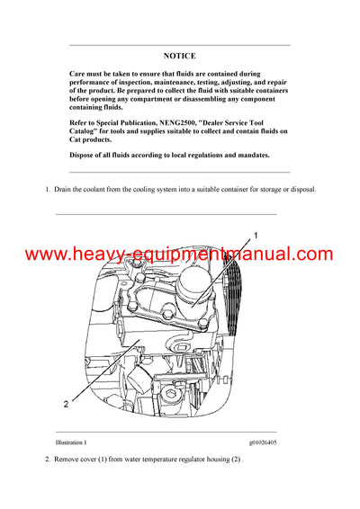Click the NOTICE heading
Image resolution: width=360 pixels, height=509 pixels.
click(x=180, y=55)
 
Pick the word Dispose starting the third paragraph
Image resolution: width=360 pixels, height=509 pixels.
click(x=85, y=155)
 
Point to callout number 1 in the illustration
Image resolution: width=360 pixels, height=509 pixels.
click(x=256, y=235)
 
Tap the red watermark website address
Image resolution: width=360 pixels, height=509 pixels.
click(x=179, y=254)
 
